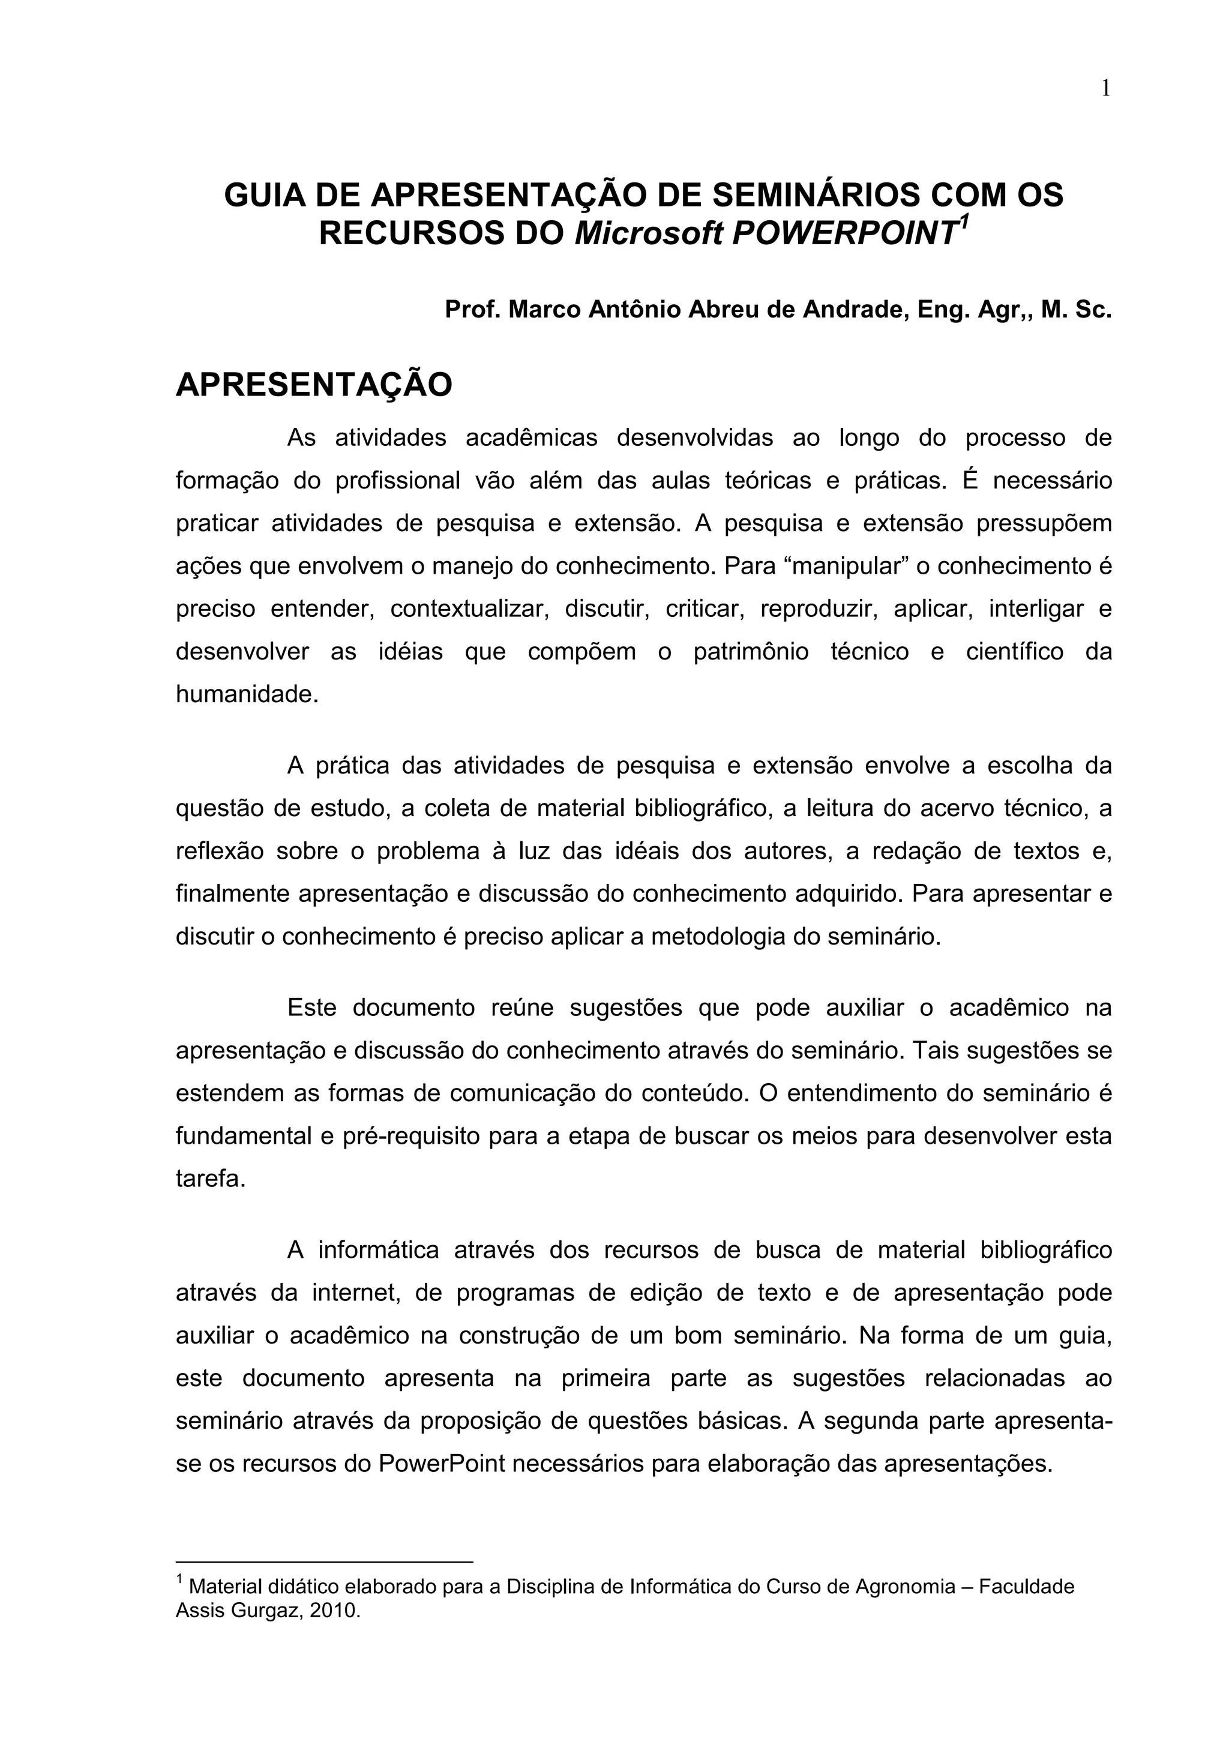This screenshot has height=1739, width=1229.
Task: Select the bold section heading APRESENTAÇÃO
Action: [x=313, y=385]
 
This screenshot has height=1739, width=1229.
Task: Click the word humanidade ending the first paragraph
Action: [x=247, y=694]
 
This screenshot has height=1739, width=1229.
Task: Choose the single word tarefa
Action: [x=211, y=1179]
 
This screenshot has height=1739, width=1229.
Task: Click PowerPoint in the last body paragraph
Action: [x=442, y=1464]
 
